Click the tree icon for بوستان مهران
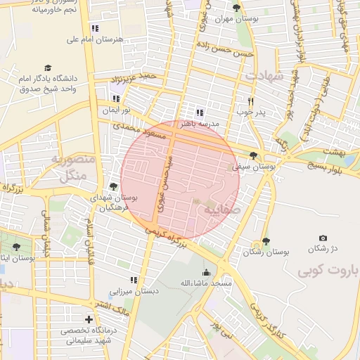[236, 8]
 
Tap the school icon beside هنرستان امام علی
[94, 28]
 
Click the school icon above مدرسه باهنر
[200, 112]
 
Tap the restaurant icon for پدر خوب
[250, 101]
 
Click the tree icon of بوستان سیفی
[253, 156]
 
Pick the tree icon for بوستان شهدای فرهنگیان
[112, 186]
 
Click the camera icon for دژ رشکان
[323, 238]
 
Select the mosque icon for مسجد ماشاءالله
[205, 273]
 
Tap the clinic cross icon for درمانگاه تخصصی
[89, 319]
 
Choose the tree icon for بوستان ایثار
[16, 247]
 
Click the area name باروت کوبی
[328, 270]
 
